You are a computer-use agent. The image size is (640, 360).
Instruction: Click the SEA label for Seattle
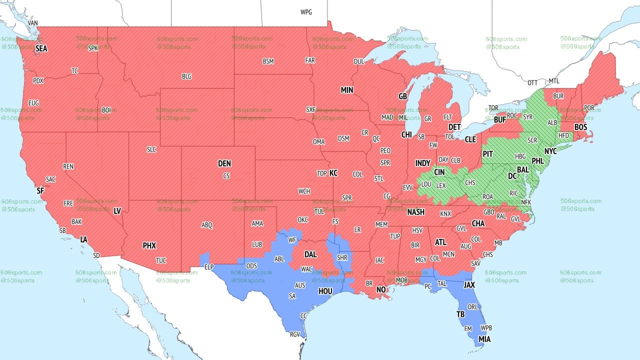(41, 48)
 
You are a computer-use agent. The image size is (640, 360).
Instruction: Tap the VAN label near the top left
(33, 23)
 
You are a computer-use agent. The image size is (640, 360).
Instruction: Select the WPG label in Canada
(306, 12)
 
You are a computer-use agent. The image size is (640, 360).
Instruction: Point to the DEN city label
(224, 163)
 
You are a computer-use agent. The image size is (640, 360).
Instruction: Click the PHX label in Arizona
(149, 245)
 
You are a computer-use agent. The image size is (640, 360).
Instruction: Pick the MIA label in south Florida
(484, 339)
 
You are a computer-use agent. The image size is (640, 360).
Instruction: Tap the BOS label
(580, 127)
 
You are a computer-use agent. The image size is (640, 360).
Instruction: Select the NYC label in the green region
(550, 150)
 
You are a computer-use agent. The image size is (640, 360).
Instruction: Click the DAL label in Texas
(310, 254)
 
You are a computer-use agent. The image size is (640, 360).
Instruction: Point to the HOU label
(325, 291)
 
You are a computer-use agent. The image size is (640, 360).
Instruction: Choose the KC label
(333, 173)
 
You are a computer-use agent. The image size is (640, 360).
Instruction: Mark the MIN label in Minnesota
(347, 90)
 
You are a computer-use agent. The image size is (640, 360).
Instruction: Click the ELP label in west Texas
(209, 267)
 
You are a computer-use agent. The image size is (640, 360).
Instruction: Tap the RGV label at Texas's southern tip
(295, 335)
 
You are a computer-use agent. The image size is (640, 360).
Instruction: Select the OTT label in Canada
(532, 82)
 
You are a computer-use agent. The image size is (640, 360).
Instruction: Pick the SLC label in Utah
(151, 149)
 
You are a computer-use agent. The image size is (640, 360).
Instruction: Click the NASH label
(415, 212)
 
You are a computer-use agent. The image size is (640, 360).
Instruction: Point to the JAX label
(469, 284)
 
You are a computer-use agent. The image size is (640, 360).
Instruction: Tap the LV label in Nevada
(117, 211)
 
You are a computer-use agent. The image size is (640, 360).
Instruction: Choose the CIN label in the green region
(439, 172)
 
